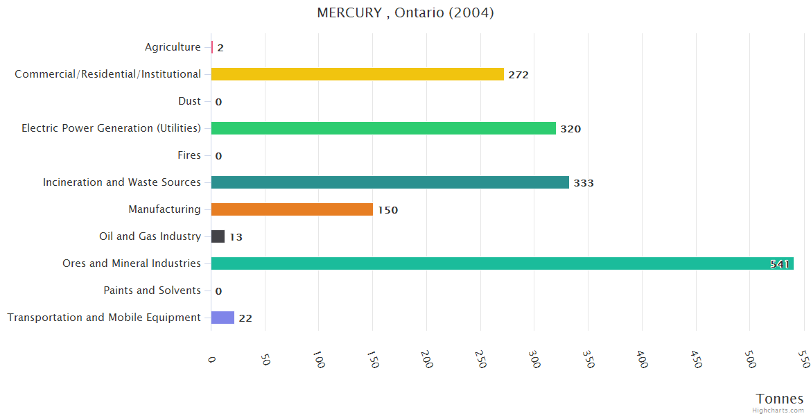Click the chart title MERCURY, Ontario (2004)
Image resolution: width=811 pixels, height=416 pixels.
pos(405,12)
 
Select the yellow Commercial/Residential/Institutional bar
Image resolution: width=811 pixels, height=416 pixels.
pos(357,74)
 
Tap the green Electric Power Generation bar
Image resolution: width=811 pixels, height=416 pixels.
pos(383,128)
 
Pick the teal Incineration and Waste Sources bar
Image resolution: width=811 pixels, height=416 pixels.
pos(390,182)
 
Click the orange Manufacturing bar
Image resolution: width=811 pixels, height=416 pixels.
pos(292,209)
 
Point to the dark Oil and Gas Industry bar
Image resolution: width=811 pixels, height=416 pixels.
pos(218,236)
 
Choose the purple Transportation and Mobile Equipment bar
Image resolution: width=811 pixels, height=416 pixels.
pos(223,318)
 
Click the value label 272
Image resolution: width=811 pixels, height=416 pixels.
pos(518,75)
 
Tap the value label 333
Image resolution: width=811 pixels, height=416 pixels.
pos(584,183)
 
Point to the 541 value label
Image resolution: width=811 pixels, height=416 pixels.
pos(780,264)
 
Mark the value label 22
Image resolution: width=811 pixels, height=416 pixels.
pos(245,318)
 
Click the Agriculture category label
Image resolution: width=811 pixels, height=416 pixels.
pos(173,47)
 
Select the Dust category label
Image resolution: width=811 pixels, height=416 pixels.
pos(189,101)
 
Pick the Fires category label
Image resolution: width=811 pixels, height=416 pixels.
pos(189,155)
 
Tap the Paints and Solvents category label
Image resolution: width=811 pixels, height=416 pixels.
pos(152,291)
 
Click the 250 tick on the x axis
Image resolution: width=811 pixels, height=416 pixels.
pos(480,359)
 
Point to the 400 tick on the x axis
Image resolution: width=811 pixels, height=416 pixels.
pos(641,359)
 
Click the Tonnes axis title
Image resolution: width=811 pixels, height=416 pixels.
pos(779,399)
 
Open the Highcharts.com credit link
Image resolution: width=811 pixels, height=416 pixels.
pos(778,410)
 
